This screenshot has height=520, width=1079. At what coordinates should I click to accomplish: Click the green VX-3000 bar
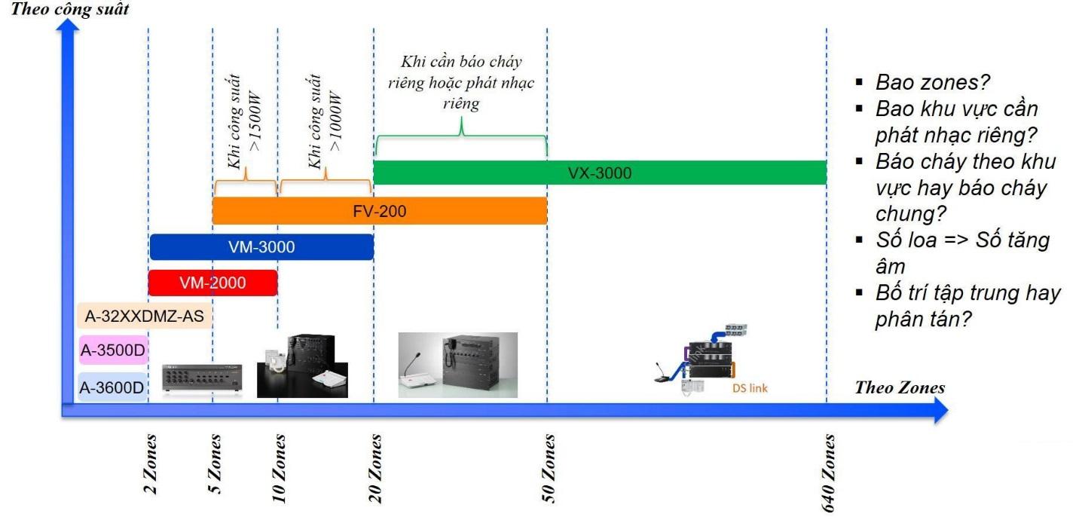(601, 173)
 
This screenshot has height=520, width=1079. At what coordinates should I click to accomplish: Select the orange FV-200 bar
(380, 210)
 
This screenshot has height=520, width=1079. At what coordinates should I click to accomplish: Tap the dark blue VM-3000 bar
(261, 246)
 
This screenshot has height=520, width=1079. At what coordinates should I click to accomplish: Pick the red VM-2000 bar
(212, 283)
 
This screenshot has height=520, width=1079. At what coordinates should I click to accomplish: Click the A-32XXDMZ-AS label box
(145, 316)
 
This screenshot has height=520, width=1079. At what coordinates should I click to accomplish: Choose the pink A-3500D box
(113, 350)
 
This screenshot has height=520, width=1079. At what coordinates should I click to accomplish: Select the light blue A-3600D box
(112, 387)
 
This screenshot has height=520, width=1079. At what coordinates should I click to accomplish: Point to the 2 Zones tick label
(150, 464)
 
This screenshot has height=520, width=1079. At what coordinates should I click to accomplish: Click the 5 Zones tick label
(214, 464)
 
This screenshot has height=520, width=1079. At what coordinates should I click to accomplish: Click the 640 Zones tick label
(828, 473)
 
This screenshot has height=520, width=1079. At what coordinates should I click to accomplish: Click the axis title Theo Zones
(900, 387)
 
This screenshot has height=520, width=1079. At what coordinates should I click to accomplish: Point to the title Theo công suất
(70, 9)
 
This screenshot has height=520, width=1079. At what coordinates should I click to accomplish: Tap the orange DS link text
(750, 388)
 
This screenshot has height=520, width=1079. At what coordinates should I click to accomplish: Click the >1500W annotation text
(255, 121)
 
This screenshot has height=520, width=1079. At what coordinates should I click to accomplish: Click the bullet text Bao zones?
(933, 82)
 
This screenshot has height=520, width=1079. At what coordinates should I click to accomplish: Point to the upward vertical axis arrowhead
(68, 25)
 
